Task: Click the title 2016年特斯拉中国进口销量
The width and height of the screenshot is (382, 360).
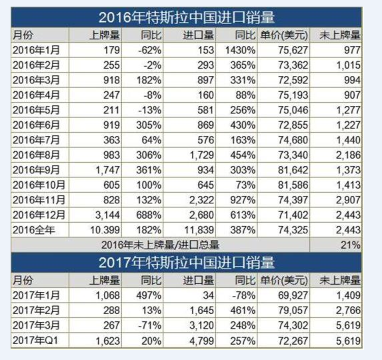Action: [187, 17]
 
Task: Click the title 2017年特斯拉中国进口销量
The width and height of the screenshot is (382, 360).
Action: [187, 263]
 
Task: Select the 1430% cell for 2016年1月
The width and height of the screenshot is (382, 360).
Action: [240, 50]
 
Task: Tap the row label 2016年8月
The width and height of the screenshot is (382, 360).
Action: [36, 155]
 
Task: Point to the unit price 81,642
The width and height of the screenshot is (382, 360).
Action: [293, 170]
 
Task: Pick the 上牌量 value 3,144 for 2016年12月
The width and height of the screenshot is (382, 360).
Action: [107, 215]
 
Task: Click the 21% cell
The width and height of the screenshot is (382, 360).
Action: [351, 245]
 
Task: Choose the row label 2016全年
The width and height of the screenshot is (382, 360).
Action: [33, 230]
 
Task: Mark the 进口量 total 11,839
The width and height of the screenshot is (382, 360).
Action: [199, 230]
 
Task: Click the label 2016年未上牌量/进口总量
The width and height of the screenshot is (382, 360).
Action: [160, 245]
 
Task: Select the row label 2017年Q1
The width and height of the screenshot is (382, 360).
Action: [35, 341]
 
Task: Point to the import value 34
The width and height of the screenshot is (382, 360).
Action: [209, 295]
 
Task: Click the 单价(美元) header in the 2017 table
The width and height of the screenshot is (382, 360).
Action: [284, 281]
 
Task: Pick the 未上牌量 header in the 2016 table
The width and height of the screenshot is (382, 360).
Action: [340, 35]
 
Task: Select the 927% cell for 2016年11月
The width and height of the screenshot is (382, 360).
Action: [243, 200]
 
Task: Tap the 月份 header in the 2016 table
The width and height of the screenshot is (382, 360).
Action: [23, 35]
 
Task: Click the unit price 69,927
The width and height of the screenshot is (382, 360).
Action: [293, 295]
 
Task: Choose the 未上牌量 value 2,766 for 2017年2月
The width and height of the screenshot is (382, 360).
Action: [348, 311]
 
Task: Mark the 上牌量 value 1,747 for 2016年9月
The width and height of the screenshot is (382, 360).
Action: [107, 170]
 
